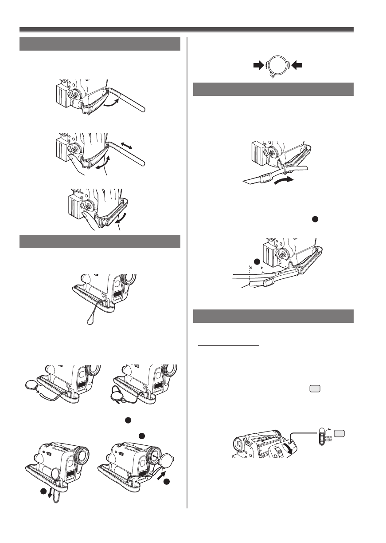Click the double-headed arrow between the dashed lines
click(x=256, y=268)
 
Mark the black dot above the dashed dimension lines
click(x=256, y=260)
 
